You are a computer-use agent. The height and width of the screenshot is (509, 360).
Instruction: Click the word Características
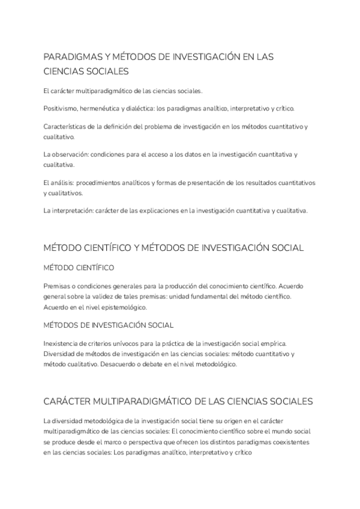[x=65, y=127]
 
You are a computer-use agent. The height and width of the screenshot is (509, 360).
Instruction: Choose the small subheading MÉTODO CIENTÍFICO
[x=79, y=267]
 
